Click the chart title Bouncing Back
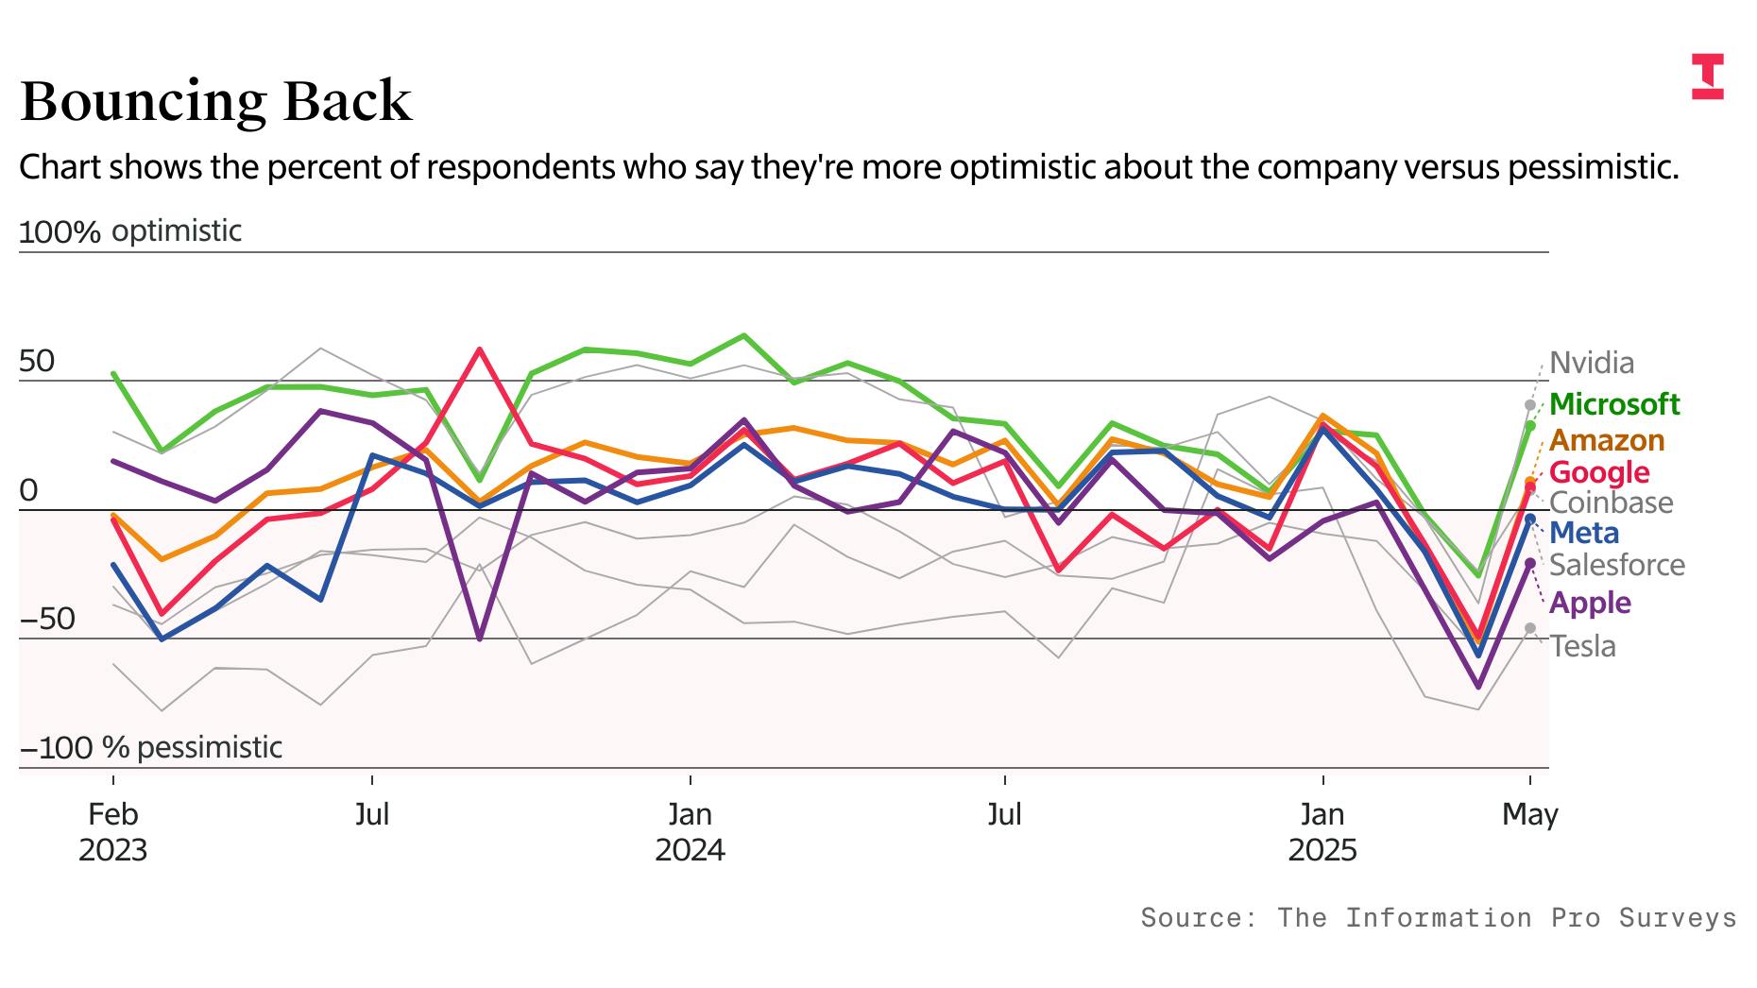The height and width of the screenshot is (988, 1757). (216, 101)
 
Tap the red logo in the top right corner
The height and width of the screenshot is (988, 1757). (1707, 77)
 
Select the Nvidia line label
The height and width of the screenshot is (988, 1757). (1592, 363)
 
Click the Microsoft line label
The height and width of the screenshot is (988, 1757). (1614, 404)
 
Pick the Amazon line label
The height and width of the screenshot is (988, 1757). (1607, 440)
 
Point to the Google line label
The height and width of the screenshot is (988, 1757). (1599, 472)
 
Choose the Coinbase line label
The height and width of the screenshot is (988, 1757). (1611, 503)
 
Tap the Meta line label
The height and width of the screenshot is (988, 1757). (1584, 533)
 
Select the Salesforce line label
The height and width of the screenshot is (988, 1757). (1617, 565)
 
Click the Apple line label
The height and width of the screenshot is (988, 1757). (1590, 603)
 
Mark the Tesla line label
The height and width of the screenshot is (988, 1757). (1582, 646)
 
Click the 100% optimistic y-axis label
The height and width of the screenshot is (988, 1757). (130, 231)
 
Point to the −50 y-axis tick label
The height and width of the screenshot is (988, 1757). (47, 619)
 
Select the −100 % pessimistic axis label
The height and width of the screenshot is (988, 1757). (151, 748)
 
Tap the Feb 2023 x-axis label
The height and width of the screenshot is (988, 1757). (113, 832)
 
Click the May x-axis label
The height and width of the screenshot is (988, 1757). (1529, 814)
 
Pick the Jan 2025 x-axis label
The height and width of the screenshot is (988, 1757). (1322, 832)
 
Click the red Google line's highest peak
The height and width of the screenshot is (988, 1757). (480, 349)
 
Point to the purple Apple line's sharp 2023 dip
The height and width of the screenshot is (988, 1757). (480, 639)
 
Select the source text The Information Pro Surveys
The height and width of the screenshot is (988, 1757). (1438, 918)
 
